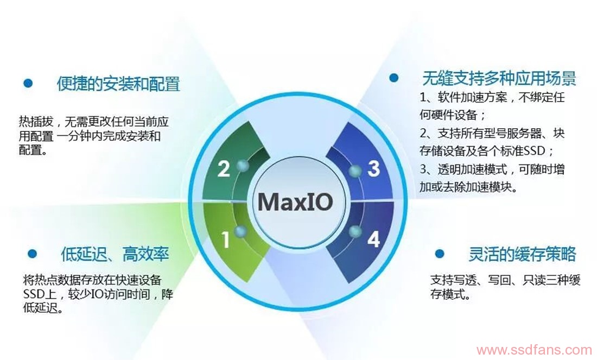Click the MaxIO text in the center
pos(295,201)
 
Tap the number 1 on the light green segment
pos(226,240)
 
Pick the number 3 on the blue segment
pos(373,168)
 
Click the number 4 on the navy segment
pos(373,239)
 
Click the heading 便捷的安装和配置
pos(118,84)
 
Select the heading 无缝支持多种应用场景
pos(499,79)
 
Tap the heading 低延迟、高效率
pos(115,254)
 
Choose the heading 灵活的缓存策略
pos(522,254)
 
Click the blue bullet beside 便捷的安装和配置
pos(28,83)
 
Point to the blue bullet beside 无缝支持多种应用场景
pos(393,78)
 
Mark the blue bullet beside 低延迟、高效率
pos(32,254)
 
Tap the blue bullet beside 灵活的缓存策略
pos(440,254)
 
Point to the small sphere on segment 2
pos(242,166)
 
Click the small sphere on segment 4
pos(355,231)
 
